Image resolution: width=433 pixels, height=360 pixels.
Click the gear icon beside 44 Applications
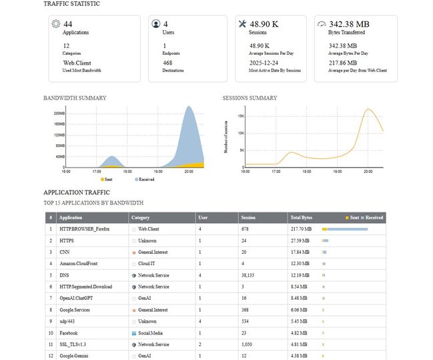(55, 24)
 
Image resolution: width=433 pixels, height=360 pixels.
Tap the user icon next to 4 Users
(156, 24)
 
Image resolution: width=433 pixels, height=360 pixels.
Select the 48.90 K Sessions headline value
(264, 24)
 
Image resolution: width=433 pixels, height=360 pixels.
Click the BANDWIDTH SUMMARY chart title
(75, 98)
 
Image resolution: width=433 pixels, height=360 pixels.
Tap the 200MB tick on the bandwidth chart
(59, 114)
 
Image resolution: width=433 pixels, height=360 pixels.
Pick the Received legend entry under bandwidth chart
(145, 180)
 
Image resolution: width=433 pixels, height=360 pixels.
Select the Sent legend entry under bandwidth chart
(107, 180)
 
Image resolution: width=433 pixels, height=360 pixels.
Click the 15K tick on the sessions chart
(241, 116)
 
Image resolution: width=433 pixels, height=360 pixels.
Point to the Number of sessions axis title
(226, 137)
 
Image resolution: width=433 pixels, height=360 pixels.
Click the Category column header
(140, 218)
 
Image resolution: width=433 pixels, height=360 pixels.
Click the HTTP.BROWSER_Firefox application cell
(84, 229)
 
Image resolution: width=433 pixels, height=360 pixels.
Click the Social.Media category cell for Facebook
(150, 333)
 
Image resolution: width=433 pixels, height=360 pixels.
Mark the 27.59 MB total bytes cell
(300, 240)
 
